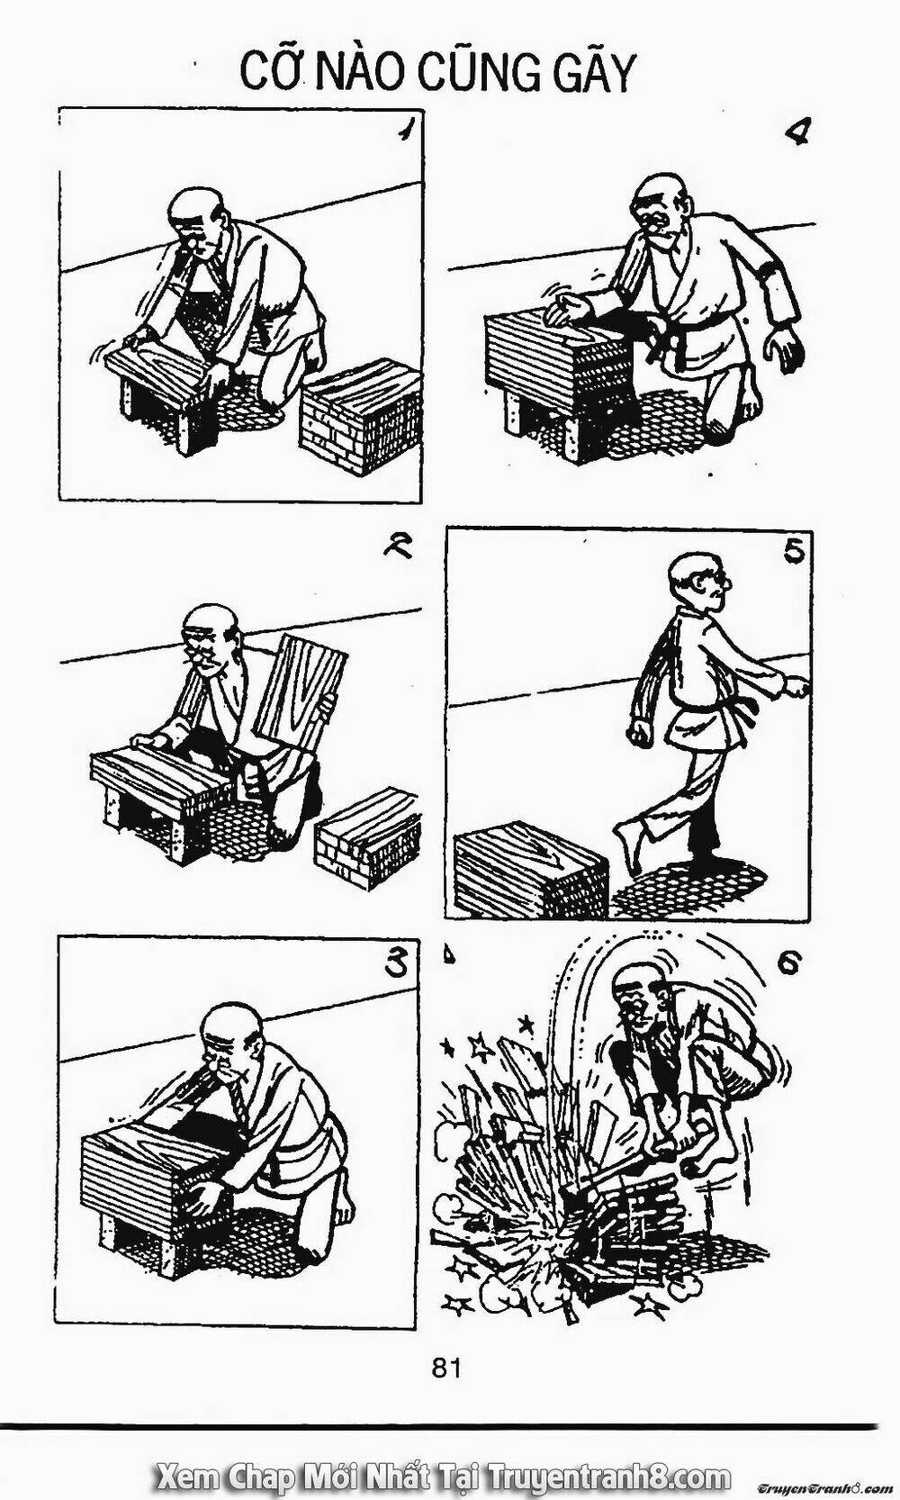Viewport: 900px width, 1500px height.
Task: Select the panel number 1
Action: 402,134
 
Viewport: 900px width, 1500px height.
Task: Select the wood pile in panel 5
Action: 532,872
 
